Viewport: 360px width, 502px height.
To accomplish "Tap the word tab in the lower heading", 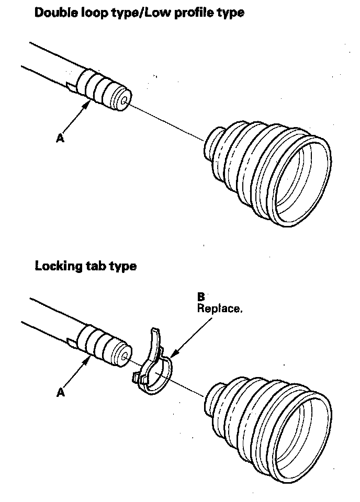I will click(97, 266).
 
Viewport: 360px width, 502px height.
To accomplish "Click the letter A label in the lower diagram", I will click(60, 392).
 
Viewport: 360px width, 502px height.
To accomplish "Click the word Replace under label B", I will click(219, 308).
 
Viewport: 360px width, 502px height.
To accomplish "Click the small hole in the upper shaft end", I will click(123, 101).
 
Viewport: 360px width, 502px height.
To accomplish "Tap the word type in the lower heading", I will click(123, 267).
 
